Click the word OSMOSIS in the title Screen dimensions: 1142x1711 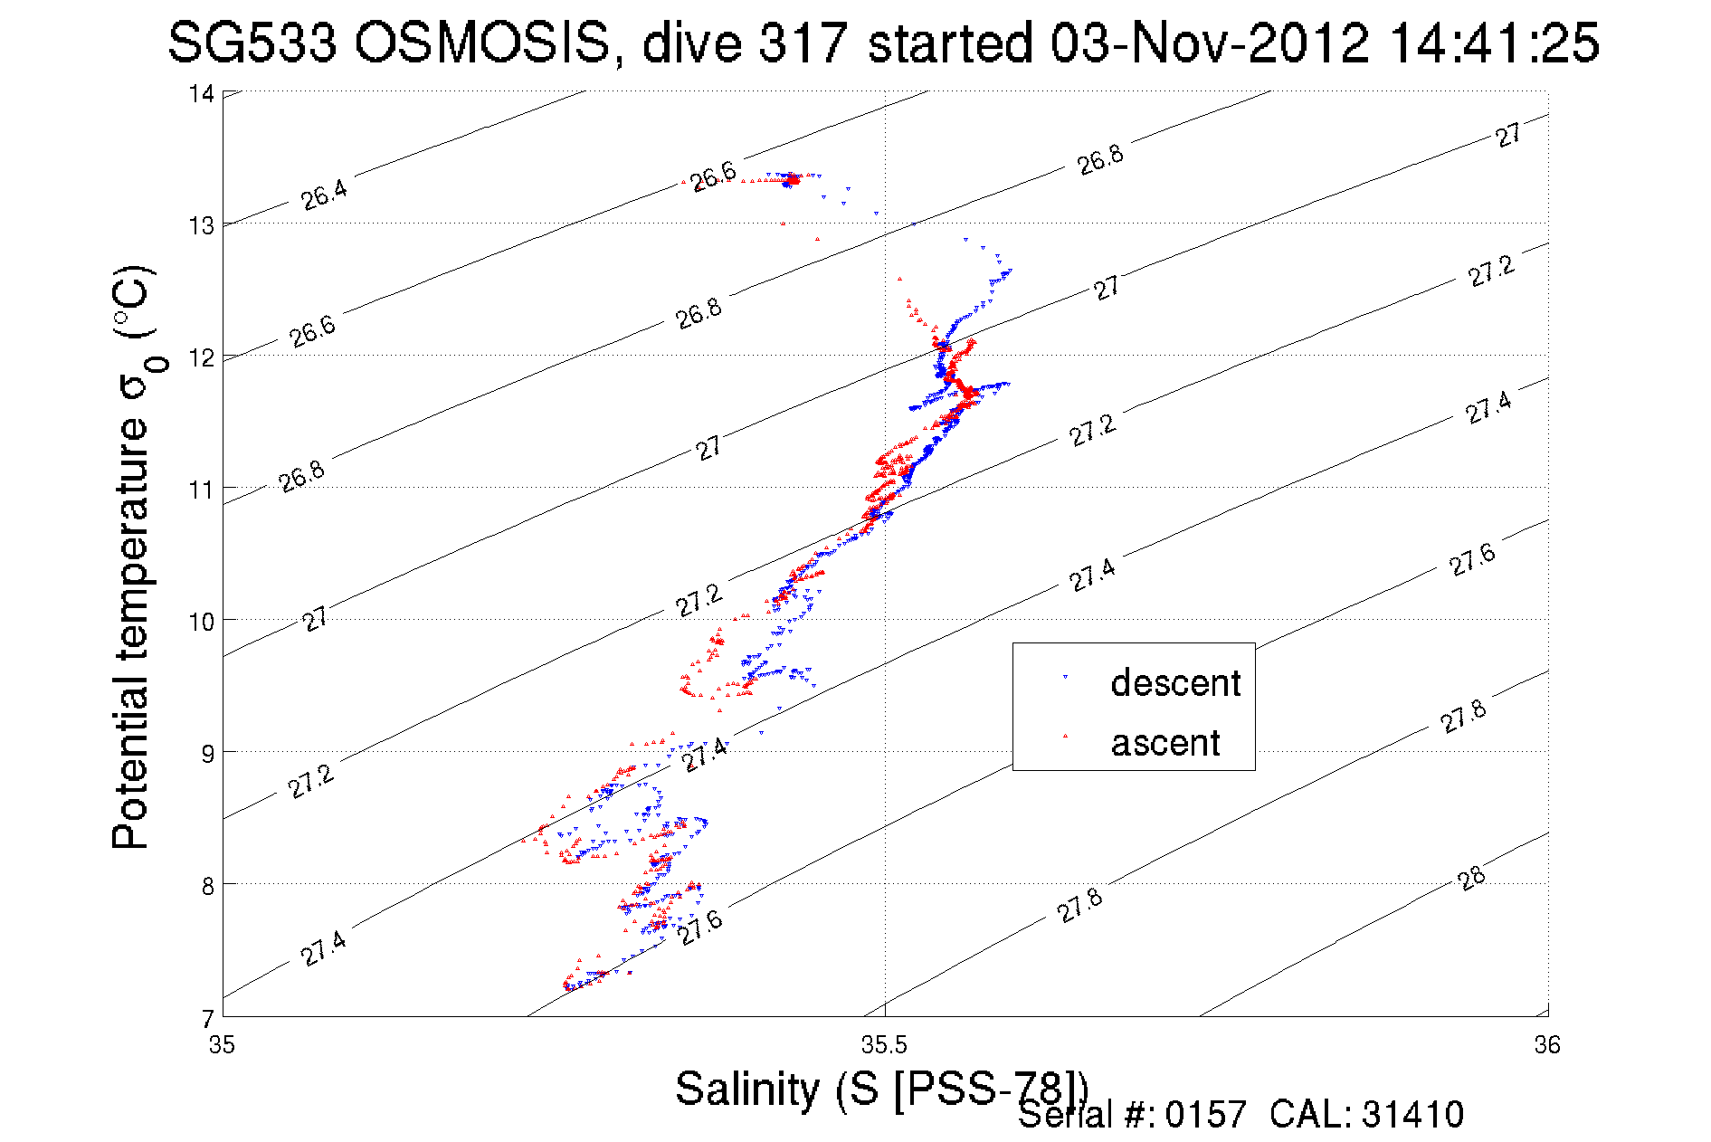pyautogui.click(x=482, y=43)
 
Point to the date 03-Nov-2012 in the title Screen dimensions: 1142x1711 pyautogui.click(x=1210, y=43)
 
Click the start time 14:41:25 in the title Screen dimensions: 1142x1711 pyautogui.click(x=1494, y=43)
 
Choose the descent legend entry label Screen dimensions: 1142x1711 pyautogui.click(x=1175, y=683)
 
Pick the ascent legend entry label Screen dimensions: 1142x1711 pyautogui.click(x=1165, y=743)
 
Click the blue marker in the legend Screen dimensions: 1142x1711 pyautogui.click(x=1065, y=677)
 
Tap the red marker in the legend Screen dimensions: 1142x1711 pyautogui.click(x=1065, y=736)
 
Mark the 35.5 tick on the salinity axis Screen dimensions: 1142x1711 pyautogui.click(x=884, y=1046)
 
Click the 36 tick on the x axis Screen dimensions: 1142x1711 pyautogui.click(x=1547, y=1046)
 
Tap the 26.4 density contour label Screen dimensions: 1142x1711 pyautogui.click(x=324, y=195)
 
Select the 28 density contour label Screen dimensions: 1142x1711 pyautogui.click(x=1472, y=878)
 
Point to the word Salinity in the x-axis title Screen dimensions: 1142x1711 pyautogui.click(x=746, y=1089)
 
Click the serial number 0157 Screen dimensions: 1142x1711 pyautogui.click(x=1205, y=1115)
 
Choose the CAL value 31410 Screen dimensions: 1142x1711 pyautogui.click(x=1412, y=1115)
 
